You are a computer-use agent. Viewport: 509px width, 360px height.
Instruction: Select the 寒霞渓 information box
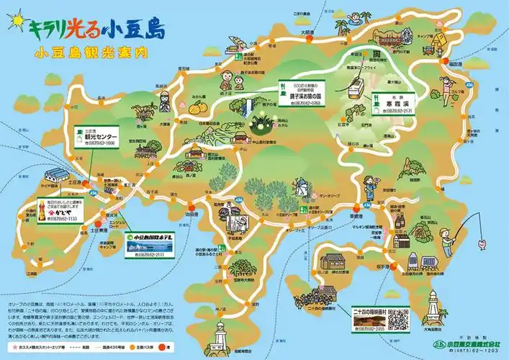(394, 104)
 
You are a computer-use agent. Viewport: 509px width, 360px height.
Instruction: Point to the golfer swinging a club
(461, 101)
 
